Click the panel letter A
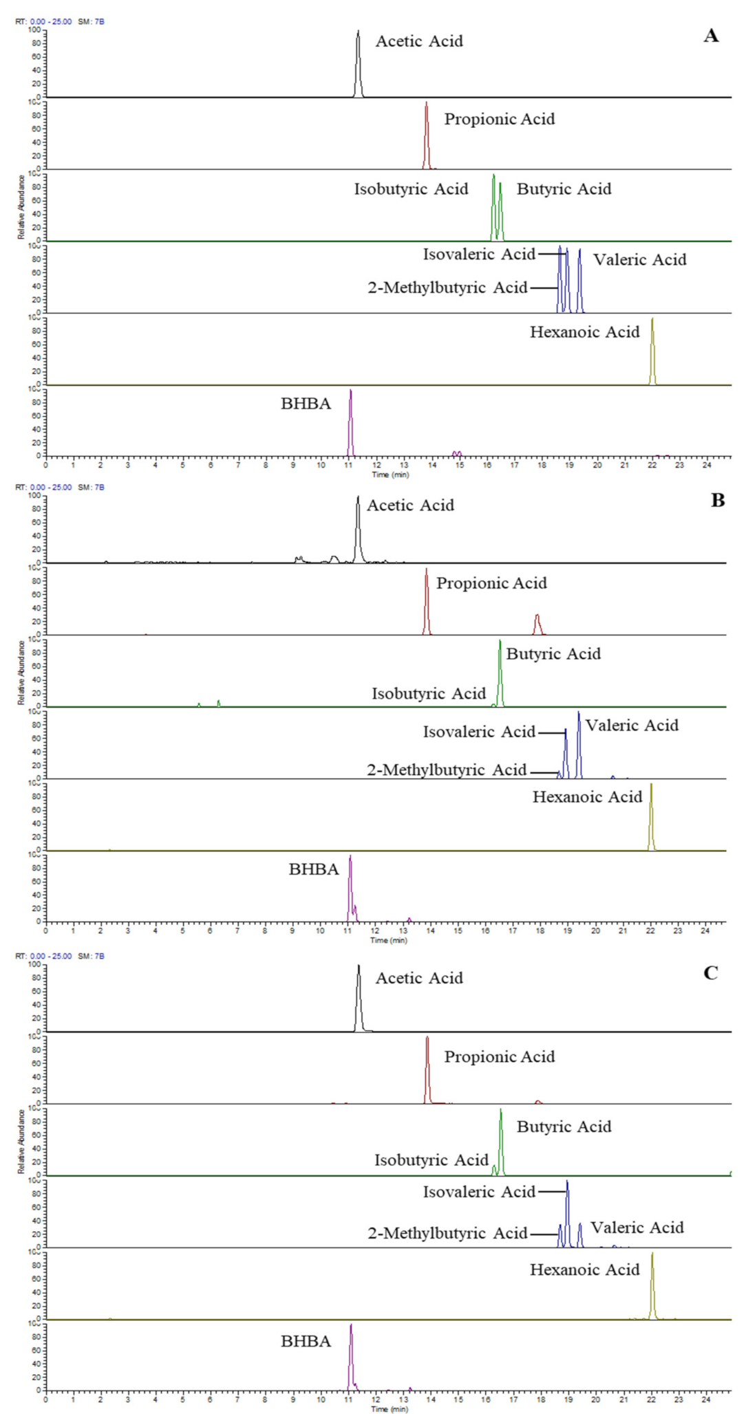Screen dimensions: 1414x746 coord(711,36)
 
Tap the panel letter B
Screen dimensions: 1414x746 coord(718,501)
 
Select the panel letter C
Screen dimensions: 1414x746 coord(711,973)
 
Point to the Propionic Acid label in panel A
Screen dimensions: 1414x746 coord(499,119)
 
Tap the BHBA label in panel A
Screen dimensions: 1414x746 coord(306,404)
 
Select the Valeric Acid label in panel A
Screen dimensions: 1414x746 coord(639,260)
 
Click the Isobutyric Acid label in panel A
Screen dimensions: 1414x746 coord(411,189)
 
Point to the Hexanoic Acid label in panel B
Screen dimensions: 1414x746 coord(587,797)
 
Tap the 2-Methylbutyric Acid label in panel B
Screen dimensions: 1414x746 coord(447,770)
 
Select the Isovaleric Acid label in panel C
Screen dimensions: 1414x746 coord(479,1192)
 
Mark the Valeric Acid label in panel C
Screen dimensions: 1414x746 coord(637,1228)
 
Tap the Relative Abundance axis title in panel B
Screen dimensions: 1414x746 coord(21,673)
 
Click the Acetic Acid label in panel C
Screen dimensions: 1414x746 coord(418,978)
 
